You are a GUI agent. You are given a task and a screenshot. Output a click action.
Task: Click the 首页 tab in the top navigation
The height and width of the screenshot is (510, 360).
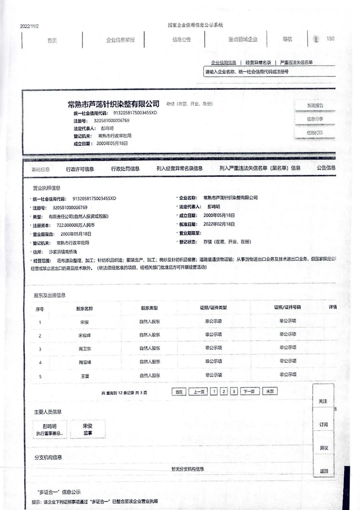tap(52, 40)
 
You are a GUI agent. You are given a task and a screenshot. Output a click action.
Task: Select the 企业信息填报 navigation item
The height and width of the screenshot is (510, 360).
tap(120, 40)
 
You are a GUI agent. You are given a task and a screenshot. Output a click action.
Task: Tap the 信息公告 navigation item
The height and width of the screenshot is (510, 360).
tap(182, 40)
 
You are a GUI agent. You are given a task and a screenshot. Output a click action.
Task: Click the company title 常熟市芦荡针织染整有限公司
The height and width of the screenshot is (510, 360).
tap(114, 104)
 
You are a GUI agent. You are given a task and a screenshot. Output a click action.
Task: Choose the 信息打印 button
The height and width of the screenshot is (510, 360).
tap(315, 133)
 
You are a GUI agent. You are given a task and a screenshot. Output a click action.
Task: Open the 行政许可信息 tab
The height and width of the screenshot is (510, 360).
tap(80, 169)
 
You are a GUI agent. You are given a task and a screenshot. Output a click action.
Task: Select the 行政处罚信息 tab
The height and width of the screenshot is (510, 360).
tap(125, 169)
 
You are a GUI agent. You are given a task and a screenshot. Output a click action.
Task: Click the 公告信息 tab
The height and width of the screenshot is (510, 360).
tap(326, 168)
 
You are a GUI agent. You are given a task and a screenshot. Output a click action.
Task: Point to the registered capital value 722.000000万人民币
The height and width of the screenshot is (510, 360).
tap(76, 225)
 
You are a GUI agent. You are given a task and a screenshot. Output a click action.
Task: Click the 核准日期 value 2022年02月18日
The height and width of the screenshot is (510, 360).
tap(219, 224)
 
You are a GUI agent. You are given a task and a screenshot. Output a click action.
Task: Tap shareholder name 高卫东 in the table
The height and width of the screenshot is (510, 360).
tap(85, 349)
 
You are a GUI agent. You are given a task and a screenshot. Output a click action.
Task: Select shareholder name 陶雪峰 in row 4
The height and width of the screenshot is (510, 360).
tap(85, 362)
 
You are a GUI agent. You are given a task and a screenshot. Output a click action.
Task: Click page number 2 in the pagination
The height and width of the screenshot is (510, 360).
tap(224, 391)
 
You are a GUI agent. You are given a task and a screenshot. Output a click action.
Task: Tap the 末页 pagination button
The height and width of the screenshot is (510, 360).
tap(270, 391)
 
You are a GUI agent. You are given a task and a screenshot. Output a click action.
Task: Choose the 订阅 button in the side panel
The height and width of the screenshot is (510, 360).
tap(324, 425)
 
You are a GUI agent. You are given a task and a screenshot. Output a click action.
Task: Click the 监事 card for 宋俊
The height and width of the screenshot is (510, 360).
tap(88, 429)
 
